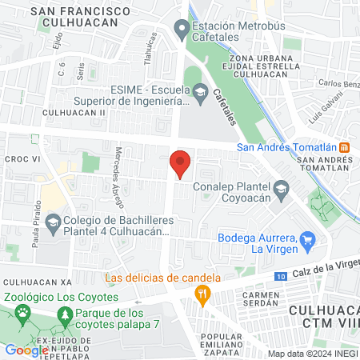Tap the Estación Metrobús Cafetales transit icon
(182, 31)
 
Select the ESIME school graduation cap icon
(198, 95)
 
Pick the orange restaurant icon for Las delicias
(202, 295)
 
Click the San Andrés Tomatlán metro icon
(344, 146)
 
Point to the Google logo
(26, 350)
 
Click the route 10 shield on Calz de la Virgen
(278, 277)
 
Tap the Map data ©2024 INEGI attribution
(313, 353)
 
